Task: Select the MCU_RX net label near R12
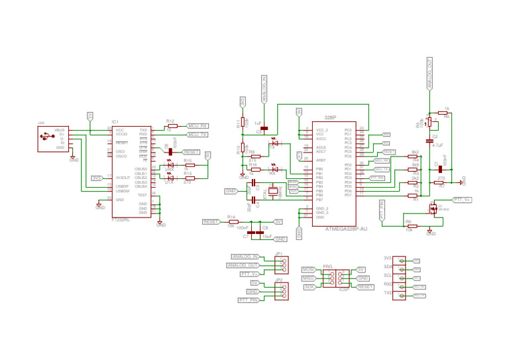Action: (x=198, y=126)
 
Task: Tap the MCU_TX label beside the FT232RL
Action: (x=198, y=135)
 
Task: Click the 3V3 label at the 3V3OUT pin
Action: (x=97, y=178)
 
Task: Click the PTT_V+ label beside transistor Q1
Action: (x=462, y=199)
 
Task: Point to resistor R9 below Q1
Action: (x=410, y=225)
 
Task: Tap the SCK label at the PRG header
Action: (x=309, y=286)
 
